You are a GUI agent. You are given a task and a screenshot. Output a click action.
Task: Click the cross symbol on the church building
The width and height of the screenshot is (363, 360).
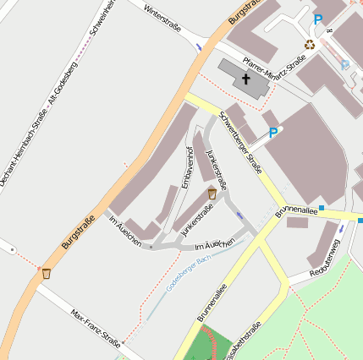point(246,79)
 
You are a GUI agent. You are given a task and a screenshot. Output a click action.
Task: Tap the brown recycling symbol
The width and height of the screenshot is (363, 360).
point(310,44)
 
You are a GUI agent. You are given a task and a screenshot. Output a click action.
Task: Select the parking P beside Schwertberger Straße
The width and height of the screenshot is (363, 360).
point(273,133)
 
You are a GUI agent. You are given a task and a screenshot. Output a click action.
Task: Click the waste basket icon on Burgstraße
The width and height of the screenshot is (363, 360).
point(46,273)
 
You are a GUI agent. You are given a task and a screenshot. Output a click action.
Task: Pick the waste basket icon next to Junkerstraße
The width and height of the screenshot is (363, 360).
point(212,194)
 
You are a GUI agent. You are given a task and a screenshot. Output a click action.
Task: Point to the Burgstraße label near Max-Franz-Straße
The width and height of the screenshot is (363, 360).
point(79,233)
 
